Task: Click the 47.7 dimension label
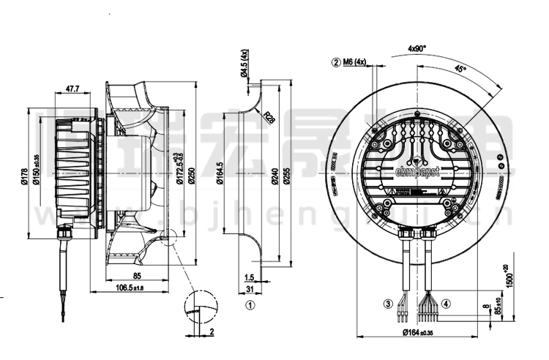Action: tap(72, 89)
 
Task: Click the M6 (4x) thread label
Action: tap(351, 62)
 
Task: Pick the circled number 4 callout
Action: tap(446, 303)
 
